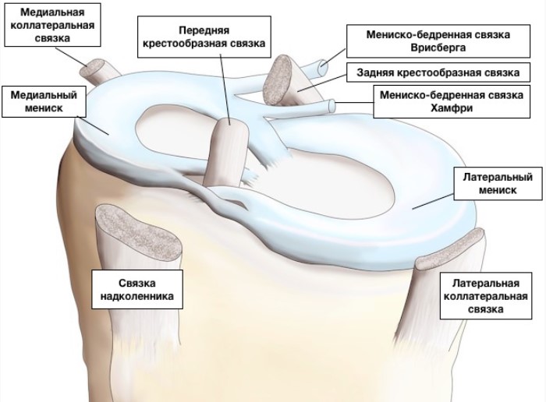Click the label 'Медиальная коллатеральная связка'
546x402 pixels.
52,25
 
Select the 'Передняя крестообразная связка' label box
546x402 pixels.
204,37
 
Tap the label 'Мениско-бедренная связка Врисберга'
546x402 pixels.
438,41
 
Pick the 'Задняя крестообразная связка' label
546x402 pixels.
438,72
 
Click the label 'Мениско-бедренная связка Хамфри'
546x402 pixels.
452,101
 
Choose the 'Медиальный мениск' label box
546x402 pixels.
44,101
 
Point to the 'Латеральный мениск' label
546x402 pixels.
498,184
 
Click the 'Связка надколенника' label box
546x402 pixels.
136,289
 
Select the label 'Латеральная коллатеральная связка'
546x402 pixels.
486,296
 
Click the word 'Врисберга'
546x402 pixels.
438,48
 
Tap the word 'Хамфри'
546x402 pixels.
452,108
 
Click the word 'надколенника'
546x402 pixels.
136,296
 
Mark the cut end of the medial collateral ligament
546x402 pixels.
92,69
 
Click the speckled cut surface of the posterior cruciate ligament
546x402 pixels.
278,79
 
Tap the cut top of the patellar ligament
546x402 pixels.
139,231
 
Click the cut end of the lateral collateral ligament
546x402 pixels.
450,249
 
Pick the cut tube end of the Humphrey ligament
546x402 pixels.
332,106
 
